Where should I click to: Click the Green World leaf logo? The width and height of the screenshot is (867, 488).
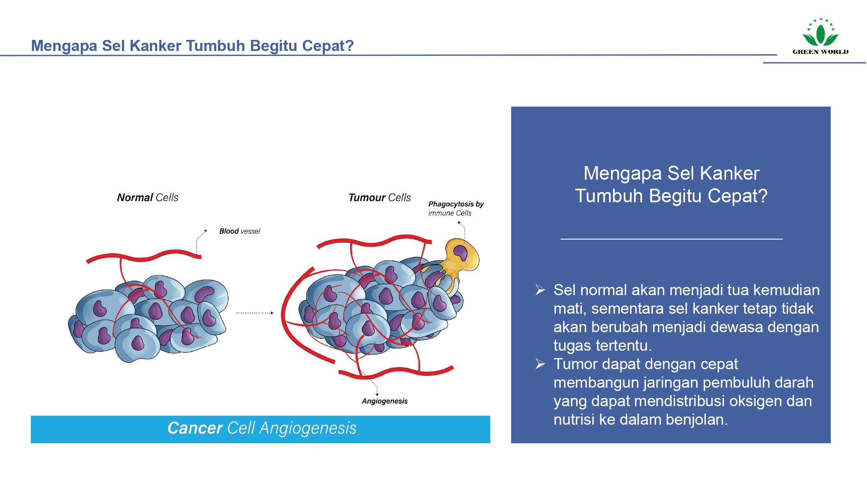pos(820,33)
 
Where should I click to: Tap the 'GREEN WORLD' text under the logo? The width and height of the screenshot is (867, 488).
pos(820,52)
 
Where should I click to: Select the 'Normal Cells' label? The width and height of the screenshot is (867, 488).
pos(148,198)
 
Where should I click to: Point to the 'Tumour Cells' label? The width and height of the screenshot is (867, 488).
pos(379,198)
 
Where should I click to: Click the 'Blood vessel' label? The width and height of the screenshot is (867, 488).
pos(240,231)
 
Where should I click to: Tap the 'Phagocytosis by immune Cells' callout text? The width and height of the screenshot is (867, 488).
pos(456,208)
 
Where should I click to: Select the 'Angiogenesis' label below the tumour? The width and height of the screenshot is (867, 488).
pos(385,401)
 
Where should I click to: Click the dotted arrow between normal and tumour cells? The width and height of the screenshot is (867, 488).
pos(255,313)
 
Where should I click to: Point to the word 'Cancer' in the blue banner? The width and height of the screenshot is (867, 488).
pos(195,428)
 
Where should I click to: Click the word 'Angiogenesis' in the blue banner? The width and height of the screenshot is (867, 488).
pos(308,428)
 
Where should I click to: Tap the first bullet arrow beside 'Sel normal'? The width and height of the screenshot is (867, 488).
pos(540,290)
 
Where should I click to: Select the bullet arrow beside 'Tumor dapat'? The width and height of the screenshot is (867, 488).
pos(540,364)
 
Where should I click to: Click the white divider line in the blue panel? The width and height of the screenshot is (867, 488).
pos(671,239)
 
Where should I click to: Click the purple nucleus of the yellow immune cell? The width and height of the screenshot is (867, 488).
pos(460,252)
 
